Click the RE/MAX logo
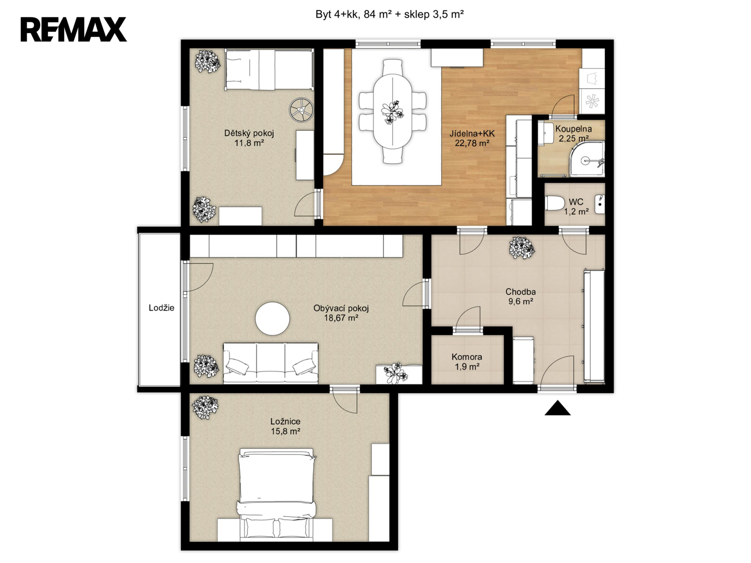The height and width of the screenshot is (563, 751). coord(74,30)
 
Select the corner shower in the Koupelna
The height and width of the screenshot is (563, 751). coord(587,159)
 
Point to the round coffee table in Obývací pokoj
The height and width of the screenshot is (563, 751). coord(272,319)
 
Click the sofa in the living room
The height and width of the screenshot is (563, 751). coord(271,363)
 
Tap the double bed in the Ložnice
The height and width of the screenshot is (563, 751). coord(276,495)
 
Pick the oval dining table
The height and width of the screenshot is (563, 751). coord(393,112)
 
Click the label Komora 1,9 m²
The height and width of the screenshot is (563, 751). coord(467,362)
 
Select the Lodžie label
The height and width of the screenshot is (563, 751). coord(161,308)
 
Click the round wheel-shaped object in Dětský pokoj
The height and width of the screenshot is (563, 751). coord(301,110)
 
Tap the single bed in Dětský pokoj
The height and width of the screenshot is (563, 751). coord(269,69)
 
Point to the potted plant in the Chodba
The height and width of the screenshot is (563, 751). coord(522,248)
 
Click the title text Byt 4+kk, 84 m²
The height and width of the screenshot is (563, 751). coord(353,15)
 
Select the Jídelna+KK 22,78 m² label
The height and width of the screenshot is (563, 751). coord(472,138)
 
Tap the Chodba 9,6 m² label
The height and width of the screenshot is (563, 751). coord(521,297)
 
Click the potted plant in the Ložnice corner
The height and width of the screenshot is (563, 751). coord(205,407)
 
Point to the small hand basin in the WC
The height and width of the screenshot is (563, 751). coord(599,204)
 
